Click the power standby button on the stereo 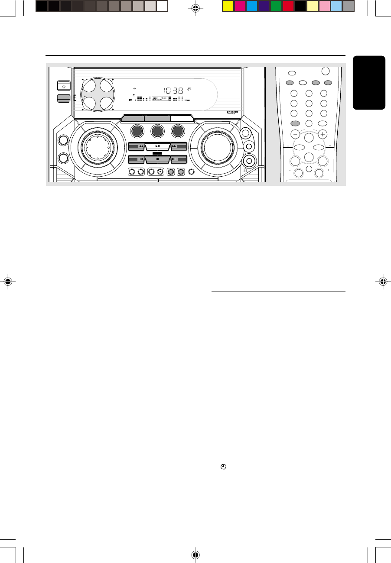click(63, 86)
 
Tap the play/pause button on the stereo click(156, 146)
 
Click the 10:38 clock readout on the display click(173, 91)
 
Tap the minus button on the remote click(295, 134)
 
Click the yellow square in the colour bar click(228, 6)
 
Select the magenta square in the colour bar click(240, 6)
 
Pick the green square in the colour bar click(276, 6)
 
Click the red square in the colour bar click(288, 6)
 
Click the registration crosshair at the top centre click(196, 8)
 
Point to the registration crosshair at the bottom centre click(196, 554)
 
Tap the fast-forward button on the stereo click(179, 147)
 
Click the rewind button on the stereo click(136, 147)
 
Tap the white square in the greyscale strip click(162, 6)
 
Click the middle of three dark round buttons click(156, 132)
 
